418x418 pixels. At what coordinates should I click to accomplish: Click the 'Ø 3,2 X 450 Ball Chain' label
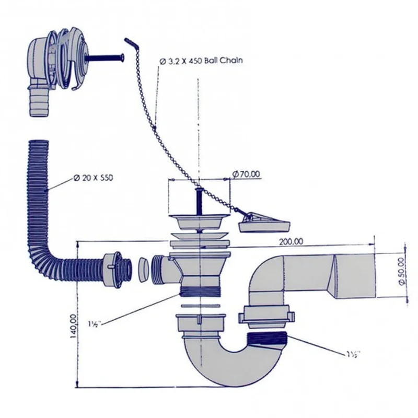pos(201,61)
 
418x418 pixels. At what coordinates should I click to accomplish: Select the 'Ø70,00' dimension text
pos(246,175)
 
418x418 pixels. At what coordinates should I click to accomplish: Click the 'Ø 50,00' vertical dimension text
pos(401,271)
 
